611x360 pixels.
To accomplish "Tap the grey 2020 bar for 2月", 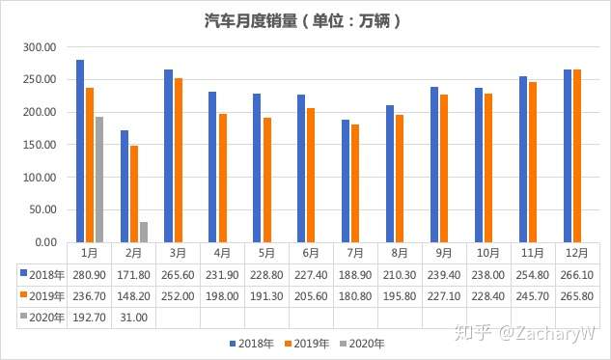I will click(143, 232).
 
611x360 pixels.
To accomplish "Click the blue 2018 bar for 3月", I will click(168, 155).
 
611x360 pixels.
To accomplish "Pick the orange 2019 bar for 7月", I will click(355, 183).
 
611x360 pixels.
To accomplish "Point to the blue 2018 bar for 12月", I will click(568, 155).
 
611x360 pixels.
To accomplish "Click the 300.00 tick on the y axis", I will click(40, 47).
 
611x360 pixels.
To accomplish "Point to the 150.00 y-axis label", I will click(40, 145).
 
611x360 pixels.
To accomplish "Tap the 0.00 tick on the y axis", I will click(45, 242).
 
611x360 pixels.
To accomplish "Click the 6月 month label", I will click(311, 253).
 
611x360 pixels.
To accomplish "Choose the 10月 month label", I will click(488, 253).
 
